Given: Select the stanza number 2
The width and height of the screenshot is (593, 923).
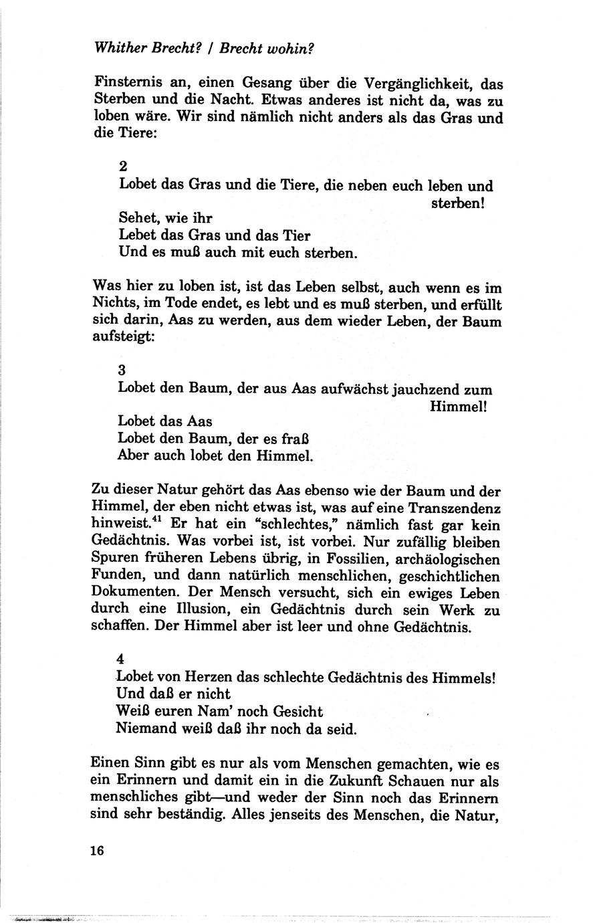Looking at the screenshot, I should click(x=122, y=166).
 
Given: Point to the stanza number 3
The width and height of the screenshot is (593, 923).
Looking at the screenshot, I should click(x=122, y=370).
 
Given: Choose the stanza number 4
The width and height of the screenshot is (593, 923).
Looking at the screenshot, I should click(x=120, y=659).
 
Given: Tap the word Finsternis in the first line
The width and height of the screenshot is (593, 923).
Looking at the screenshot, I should click(x=126, y=85).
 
